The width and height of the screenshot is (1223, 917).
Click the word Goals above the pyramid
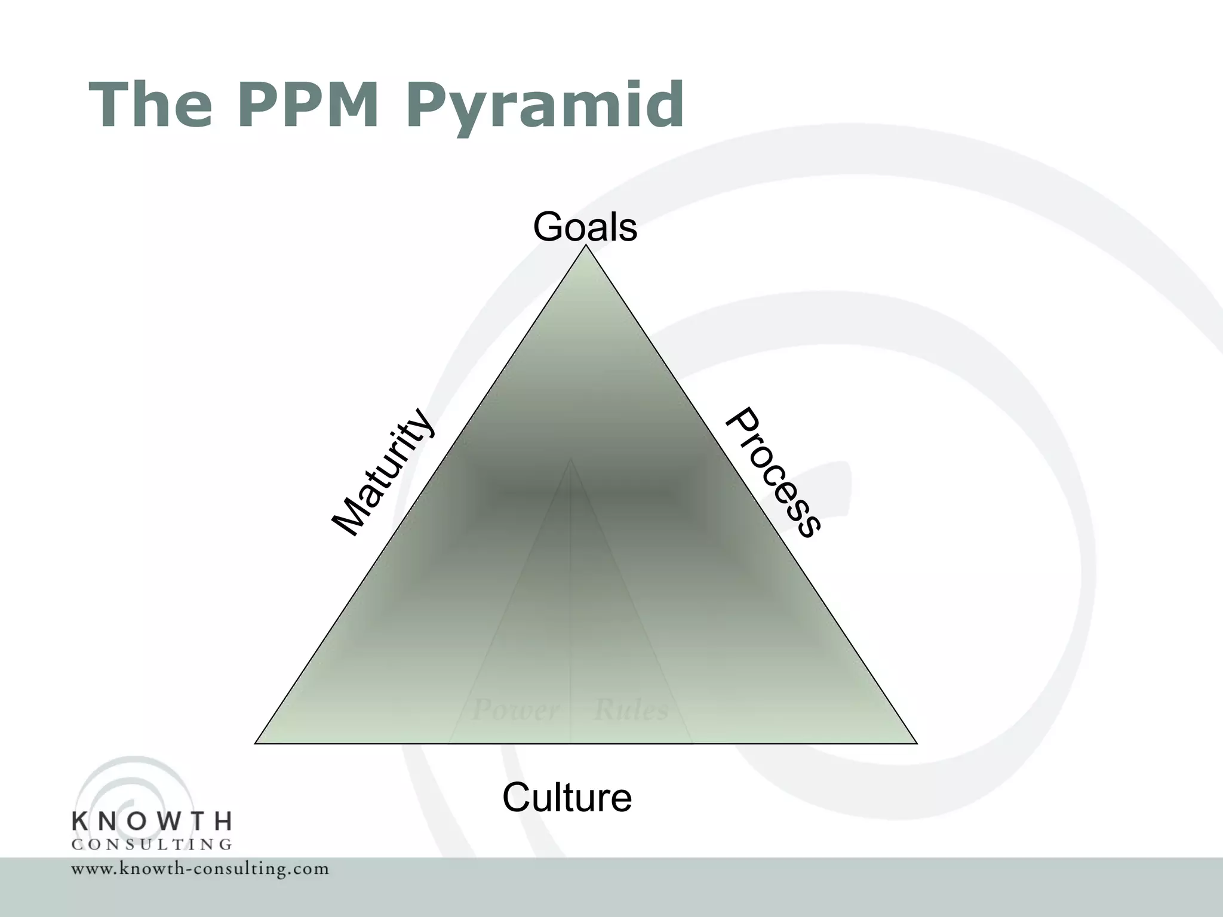[x=585, y=227]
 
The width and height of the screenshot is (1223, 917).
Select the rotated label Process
[x=773, y=473]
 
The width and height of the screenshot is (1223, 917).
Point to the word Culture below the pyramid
[x=567, y=798]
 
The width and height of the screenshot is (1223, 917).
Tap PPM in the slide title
[x=309, y=105]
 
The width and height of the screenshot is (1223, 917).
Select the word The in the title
[x=151, y=105]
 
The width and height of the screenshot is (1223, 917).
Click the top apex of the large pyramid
[x=586, y=247]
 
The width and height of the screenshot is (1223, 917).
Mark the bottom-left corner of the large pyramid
[x=256, y=743]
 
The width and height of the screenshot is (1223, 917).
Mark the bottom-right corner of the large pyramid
[x=917, y=743]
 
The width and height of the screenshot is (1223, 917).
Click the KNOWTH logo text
[x=152, y=821]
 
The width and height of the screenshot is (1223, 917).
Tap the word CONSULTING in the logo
[x=152, y=845]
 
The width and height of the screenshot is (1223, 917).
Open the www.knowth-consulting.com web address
[x=200, y=869]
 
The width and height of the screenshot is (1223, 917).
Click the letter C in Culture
[x=518, y=798]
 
